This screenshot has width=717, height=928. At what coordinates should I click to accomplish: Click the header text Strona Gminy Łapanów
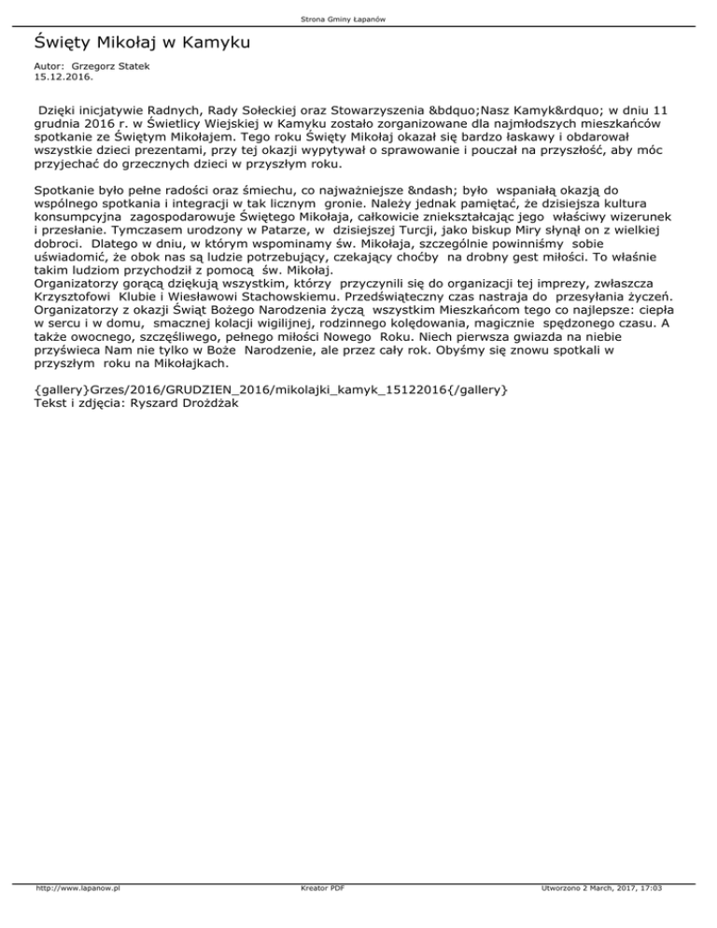[358, 19]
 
